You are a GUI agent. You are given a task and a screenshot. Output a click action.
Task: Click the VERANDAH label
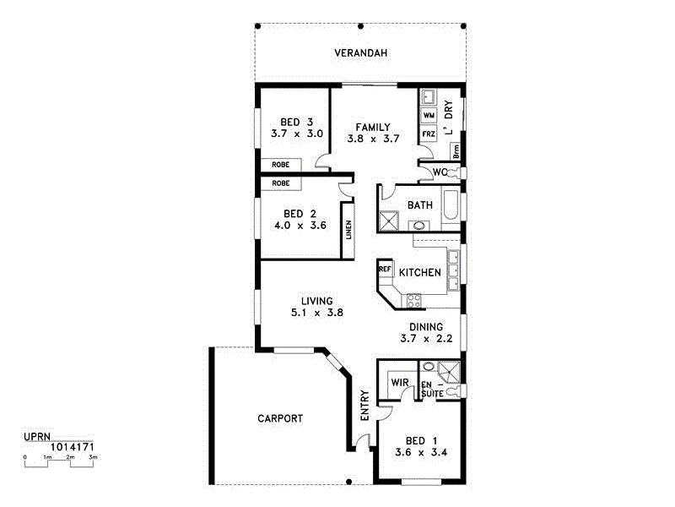[x=360, y=53]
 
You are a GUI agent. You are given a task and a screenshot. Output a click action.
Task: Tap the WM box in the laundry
[x=428, y=114]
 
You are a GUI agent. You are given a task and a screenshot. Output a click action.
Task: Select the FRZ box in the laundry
[x=428, y=134]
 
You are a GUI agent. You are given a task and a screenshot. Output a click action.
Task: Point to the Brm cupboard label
[x=456, y=151]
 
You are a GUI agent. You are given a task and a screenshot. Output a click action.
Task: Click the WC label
[x=439, y=172]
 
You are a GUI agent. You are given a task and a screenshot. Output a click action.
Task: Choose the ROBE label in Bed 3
[x=281, y=165]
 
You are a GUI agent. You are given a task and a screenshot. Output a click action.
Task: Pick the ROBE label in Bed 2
[x=281, y=183]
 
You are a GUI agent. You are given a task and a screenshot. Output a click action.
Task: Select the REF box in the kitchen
[x=386, y=270]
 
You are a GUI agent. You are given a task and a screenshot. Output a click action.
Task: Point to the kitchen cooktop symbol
[x=415, y=300]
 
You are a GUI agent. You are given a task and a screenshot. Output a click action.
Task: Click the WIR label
[x=399, y=383]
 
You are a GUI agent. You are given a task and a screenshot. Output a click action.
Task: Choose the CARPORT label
[x=280, y=418]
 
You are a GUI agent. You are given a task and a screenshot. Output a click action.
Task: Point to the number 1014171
[x=72, y=445]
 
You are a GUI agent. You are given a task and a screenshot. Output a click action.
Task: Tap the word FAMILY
[x=372, y=127]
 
